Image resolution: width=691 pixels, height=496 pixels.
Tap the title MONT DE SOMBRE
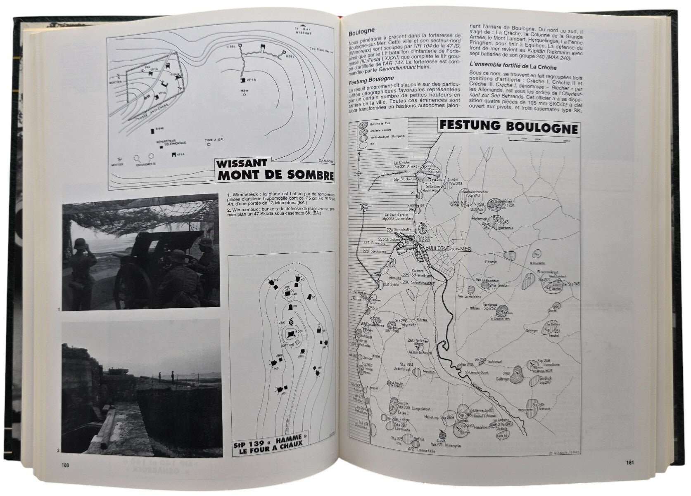coord(275,175)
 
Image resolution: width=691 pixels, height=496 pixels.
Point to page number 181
coord(630,463)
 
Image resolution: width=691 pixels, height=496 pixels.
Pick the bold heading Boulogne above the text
coord(361,31)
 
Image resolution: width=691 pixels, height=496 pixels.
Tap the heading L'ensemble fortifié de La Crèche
coord(513,67)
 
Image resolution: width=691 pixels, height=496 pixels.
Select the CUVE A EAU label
coord(214,140)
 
